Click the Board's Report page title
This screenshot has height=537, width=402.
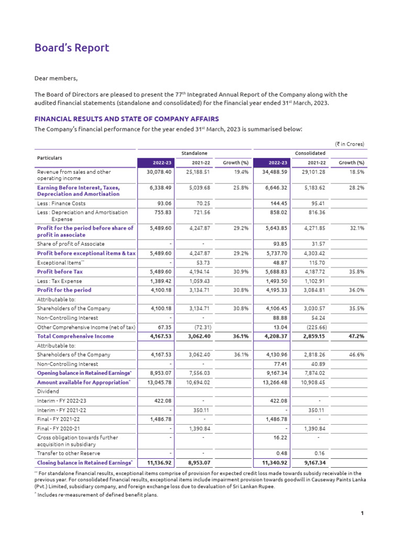coord(72,48)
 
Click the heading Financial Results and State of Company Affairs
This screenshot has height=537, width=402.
coord(126,119)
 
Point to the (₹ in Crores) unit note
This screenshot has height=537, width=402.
coord(349,144)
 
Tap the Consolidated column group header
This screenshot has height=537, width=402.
coord(310,153)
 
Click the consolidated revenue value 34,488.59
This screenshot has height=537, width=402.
coord(272,171)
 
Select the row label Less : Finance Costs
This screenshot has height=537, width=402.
coord(61,203)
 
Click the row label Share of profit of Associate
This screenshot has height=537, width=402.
coord(71,244)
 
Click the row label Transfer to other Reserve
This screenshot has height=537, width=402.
coord(69,453)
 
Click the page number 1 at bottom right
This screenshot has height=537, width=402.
coord(362,513)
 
